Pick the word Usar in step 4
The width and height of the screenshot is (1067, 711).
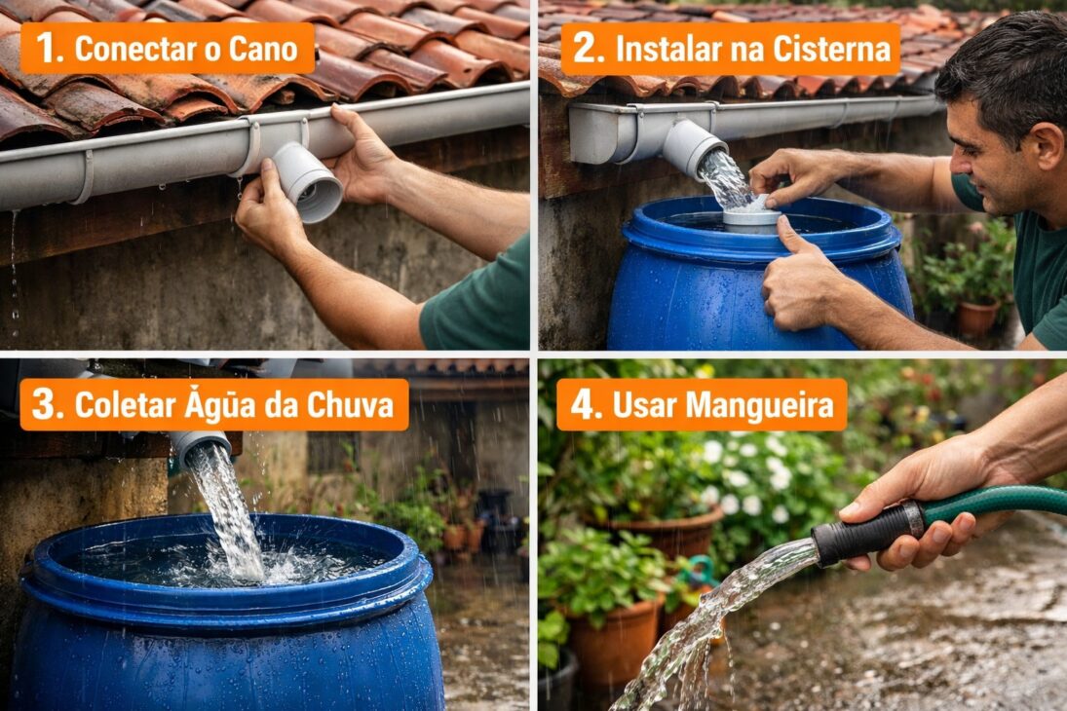(x=644, y=404)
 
